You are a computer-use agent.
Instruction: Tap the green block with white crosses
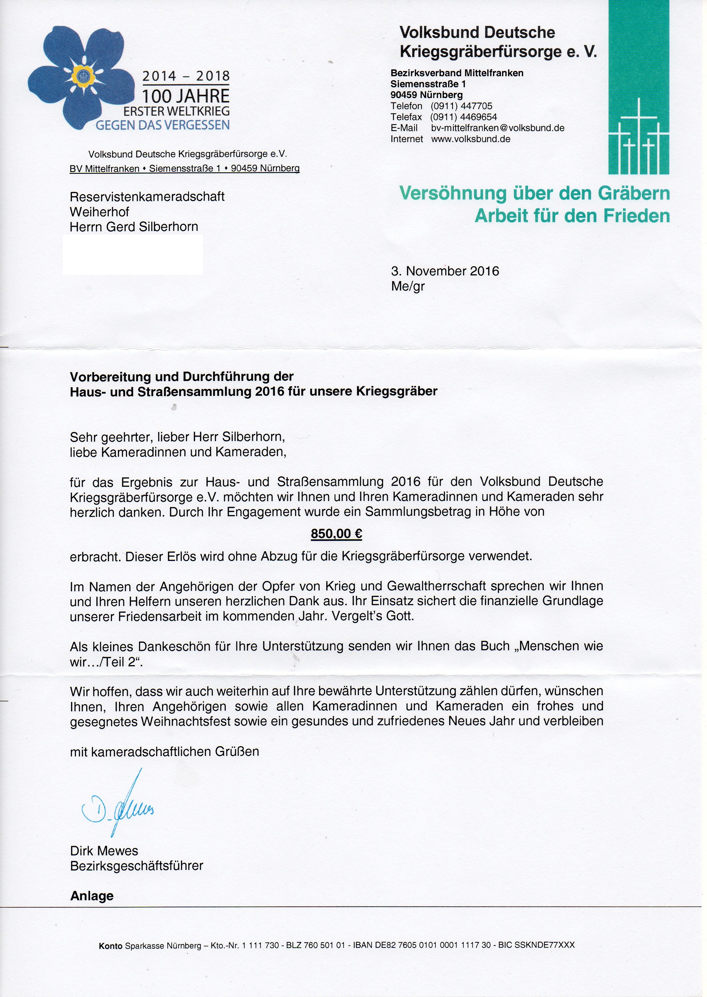coord(639,87)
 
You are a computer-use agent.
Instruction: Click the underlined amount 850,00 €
coord(336,534)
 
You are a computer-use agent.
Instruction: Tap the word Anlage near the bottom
coord(92,896)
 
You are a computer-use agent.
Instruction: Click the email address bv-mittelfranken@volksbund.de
coord(497,128)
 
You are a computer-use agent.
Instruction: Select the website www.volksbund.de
coord(471,139)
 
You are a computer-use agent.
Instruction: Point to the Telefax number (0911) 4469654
coord(464,117)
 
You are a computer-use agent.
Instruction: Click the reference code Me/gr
coord(408,286)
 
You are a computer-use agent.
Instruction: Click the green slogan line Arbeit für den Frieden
coord(572,216)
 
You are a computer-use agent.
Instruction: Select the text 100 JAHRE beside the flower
coord(186,96)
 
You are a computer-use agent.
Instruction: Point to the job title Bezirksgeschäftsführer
coord(137,865)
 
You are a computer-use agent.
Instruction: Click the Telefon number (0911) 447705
coord(462,106)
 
